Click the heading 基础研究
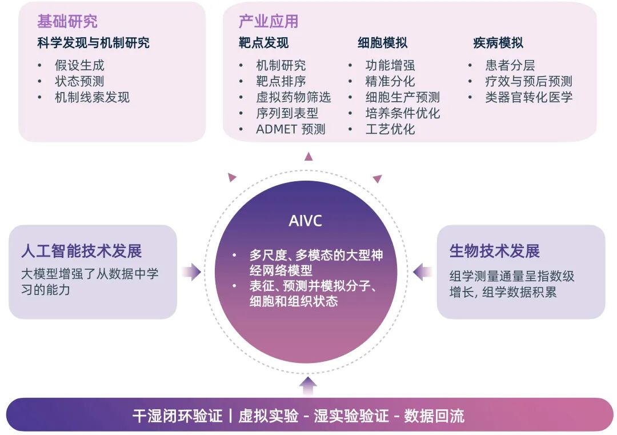(67, 22)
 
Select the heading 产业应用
(269, 22)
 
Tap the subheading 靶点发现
(263, 43)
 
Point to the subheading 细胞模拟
(382, 43)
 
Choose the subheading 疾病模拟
(498, 43)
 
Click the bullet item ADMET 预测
(291, 129)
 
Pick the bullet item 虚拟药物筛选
(294, 97)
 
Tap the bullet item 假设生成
(80, 65)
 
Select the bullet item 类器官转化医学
(529, 97)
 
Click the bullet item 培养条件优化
(403, 113)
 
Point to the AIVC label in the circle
(305, 221)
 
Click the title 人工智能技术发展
(82, 251)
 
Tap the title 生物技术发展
(495, 251)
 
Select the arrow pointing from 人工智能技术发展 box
(191, 272)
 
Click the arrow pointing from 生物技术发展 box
(423, 272)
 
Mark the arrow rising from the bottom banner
(308, 386)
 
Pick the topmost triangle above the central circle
(308, 157)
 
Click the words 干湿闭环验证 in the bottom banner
(178, 416)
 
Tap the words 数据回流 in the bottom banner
(434, 416)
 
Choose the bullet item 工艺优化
(390, 129)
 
